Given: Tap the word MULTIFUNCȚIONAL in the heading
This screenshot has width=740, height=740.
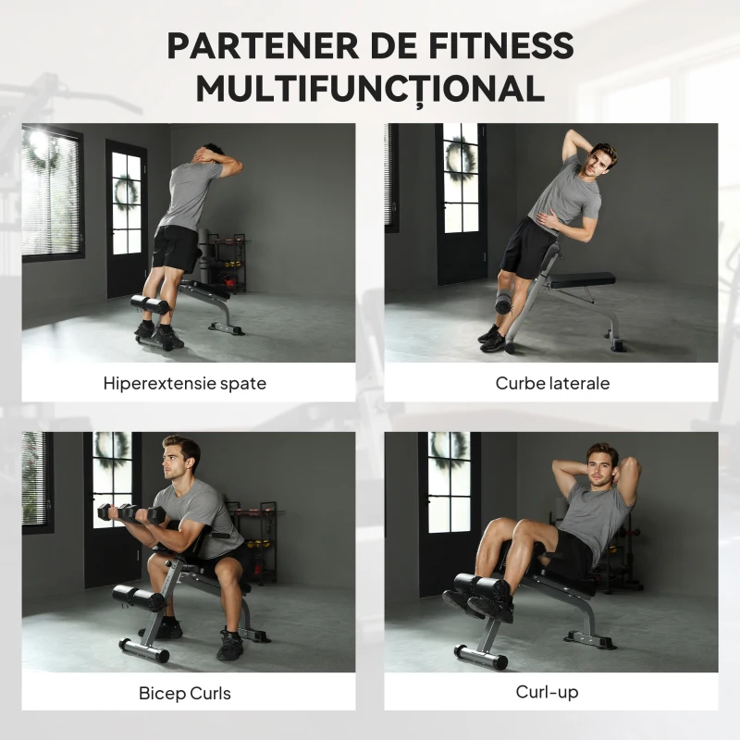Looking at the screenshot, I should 369,89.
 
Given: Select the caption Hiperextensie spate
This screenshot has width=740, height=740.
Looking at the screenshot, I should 185,383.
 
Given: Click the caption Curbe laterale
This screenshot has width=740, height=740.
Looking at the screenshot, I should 552,383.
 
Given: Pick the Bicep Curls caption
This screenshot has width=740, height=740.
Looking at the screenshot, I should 185,693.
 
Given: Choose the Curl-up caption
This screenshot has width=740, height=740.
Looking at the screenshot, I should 551,692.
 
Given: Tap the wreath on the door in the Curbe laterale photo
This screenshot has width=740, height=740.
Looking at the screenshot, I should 459,158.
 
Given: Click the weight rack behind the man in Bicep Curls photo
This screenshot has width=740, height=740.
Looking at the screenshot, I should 257,541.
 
